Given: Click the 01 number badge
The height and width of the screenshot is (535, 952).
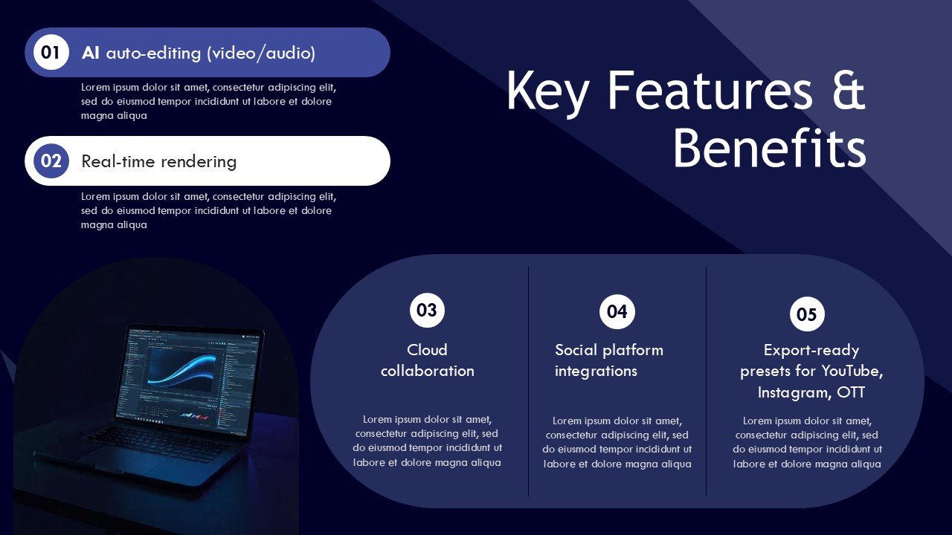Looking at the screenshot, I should (x=51, y=52).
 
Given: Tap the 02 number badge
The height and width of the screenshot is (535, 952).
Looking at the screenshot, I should (x=51, y=160).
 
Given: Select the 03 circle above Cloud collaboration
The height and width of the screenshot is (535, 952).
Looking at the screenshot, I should (x=427, y=310).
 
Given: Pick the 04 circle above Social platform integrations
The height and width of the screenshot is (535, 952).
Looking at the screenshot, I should (x=617, y=311).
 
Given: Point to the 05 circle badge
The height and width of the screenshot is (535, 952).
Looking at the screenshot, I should (x=807, y=314).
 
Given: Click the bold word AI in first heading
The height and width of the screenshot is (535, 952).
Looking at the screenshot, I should (x=91, y=53).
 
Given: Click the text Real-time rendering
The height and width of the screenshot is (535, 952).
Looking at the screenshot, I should (x=158, y=161).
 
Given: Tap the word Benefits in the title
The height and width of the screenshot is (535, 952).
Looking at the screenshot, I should (x=769, y=149).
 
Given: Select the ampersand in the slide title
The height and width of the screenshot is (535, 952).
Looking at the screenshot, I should (x=846, y=91).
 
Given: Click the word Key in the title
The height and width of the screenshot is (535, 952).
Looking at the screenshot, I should (x=547, y=91).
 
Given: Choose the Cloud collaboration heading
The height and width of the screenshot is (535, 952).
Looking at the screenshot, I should (x=427, y=360).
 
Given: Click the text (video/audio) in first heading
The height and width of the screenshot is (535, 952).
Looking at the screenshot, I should (x=261, y=53).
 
